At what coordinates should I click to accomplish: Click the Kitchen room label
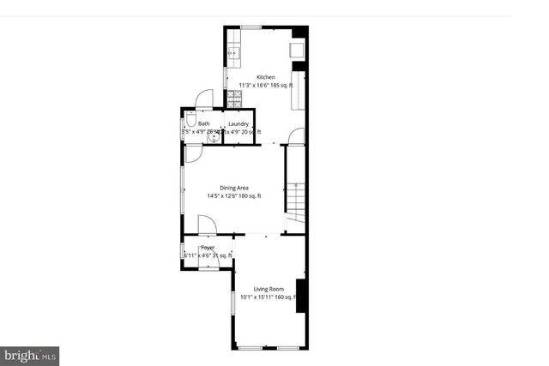[265, 77]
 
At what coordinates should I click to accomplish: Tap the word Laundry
[238, 123]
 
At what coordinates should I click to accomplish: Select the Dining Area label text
[234, 187]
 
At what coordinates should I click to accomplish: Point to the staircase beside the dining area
[296, 201]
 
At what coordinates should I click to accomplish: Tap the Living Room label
[269, 289]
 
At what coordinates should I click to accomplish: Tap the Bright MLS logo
[30, 354]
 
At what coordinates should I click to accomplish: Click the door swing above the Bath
[203, 99]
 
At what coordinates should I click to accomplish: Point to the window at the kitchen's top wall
[250, 27]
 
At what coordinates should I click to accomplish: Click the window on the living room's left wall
[232, 307]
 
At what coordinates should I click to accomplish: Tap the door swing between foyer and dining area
[207, 225]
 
